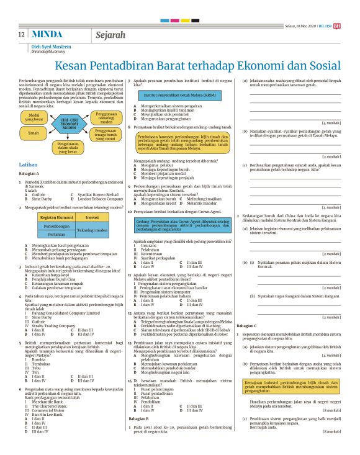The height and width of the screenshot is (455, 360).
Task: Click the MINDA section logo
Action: [x=47, y=35]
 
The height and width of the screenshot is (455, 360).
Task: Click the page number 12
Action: [x=22, y=35]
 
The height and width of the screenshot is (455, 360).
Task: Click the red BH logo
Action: [x=337, y=25]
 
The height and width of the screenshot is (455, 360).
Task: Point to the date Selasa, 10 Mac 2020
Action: [x=300, y=25]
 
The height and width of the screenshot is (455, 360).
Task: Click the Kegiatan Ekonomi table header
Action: [x=56, y=218]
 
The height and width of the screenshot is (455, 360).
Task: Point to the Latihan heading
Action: [x=29, y=164]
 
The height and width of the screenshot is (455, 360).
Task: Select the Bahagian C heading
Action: [x=246, y=325]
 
